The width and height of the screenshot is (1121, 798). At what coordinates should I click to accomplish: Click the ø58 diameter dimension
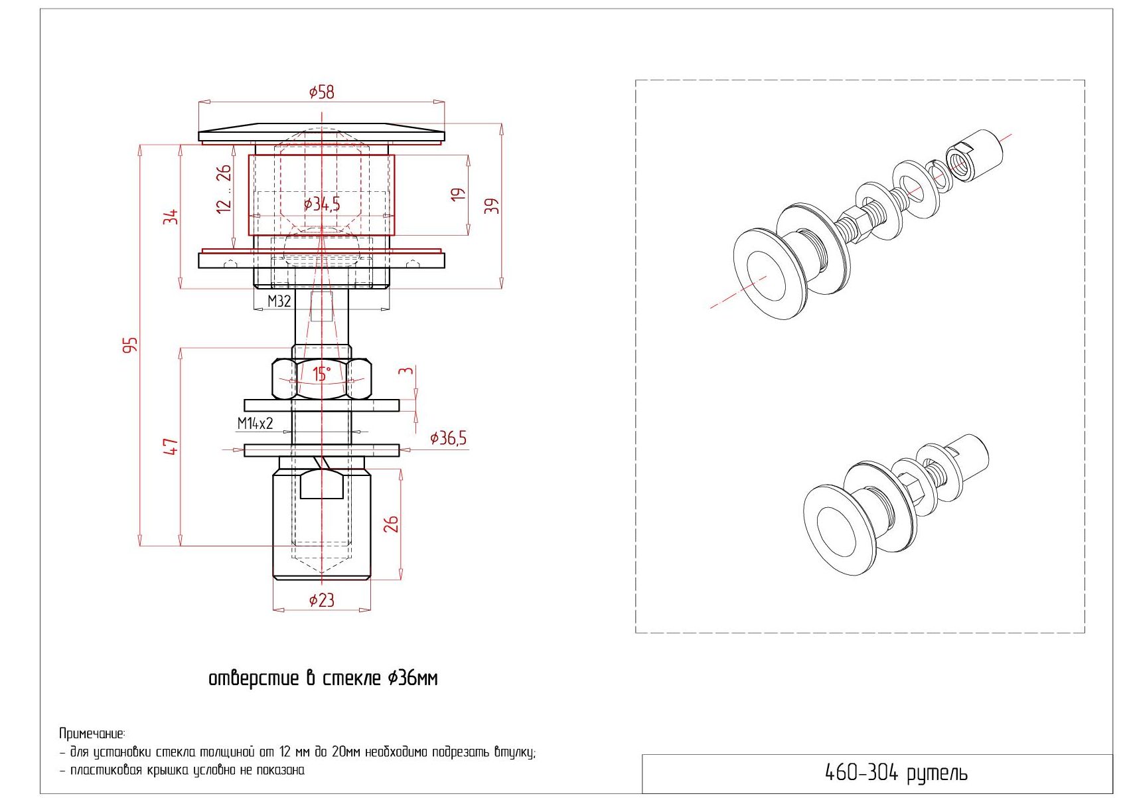(x=322, y=92)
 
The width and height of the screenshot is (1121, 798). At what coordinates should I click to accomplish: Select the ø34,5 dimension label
(x=322, y=204)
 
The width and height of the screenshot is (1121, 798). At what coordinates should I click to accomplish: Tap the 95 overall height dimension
(x=130, y=345)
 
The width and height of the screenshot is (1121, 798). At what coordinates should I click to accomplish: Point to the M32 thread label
(x=279, y=301)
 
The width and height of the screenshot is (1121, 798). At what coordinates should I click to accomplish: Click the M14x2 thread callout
(x=256, y=424)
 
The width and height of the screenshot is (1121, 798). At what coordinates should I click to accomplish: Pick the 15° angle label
(x=322, y=374)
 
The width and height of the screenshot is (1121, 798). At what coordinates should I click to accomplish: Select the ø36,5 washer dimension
(x=448, y=438)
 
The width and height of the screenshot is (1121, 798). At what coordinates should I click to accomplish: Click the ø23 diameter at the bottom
(x=322, y=599)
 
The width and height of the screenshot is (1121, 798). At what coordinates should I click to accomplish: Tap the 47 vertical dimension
(x=171, y=446)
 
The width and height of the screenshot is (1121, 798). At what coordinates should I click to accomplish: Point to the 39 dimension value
(x=493, y=206)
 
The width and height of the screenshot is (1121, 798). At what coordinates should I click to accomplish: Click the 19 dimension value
(x=459, y=195)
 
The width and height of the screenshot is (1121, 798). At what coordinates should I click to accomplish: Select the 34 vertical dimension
(x=171, y=217)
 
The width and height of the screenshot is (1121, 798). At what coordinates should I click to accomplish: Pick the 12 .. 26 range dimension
(x=224, y=189)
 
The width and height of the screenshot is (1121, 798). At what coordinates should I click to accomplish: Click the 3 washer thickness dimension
(x=406, y=370)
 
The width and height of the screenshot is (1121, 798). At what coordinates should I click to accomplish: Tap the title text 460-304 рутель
(x=896, y=773)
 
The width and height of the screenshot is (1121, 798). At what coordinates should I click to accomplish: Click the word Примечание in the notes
(x=92, y=734)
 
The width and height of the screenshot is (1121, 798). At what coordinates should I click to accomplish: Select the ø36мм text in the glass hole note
(x=413, y=679)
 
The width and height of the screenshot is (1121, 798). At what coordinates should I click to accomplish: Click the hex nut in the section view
(x=322, y=378)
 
